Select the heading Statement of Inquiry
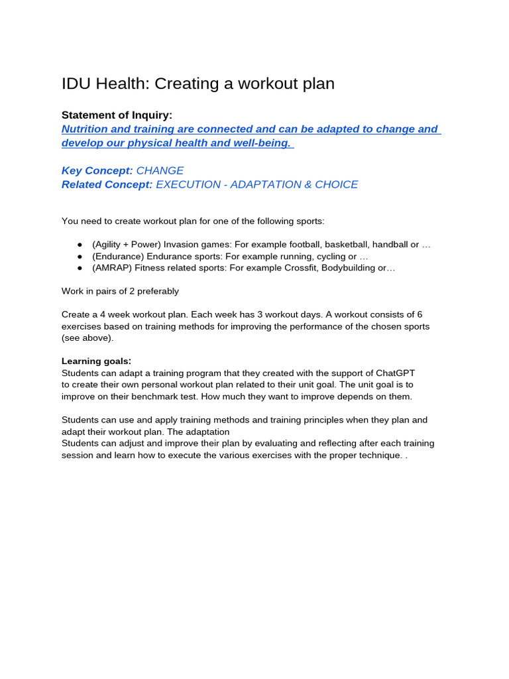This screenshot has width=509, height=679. pos(117,115)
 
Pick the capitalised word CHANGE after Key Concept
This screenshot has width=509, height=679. pos(160,170)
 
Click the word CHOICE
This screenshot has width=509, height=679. pos(336,184)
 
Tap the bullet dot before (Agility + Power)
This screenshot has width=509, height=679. pos(80,245)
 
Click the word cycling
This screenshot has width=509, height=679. pos(317,256)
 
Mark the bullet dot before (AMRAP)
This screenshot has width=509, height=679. pos(80,268)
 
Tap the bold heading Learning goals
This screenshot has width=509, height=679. pos(96,361)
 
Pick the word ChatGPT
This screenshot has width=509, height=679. pos(393,373)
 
